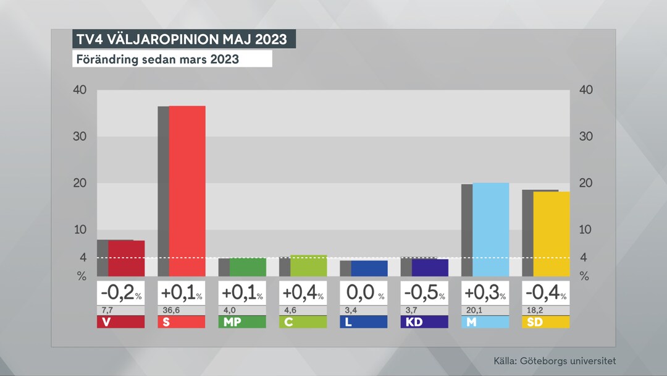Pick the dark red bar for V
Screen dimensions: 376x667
click(126, 258)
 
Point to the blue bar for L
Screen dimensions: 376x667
click(369, 268)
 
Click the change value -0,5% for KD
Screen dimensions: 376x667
click(424, 293)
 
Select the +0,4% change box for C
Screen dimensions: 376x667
click(303, 293)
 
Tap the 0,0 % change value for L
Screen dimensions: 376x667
click(363, 293)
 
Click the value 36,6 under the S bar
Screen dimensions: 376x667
click(170, 310)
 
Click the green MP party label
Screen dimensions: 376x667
click(242, 322)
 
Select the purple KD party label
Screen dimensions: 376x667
click(424, 322)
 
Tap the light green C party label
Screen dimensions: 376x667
click(303, 322)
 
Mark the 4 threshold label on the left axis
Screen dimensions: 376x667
click(83, 257)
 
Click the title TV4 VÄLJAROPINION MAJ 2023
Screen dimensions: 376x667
click(183, 40)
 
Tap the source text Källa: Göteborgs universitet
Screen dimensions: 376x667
click(555, 361)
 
